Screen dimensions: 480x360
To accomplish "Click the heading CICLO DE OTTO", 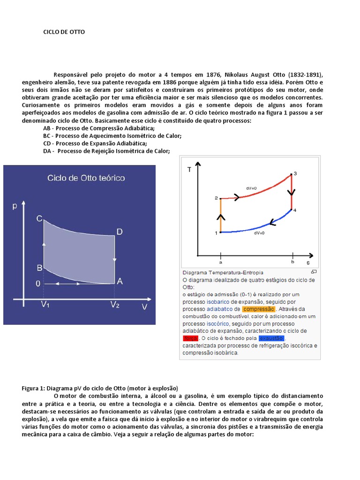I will [x=64, y=32].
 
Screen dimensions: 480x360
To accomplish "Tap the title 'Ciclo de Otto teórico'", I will [x=85, y=178].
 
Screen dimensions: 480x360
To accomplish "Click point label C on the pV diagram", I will [x=40, y=218].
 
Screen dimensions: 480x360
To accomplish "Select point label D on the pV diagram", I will [x=120, y=232].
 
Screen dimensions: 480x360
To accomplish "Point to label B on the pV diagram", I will [x=40, y=268].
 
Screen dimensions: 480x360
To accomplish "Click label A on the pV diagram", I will [x=120, y=281].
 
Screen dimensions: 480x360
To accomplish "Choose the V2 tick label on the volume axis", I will [x=115, y=305].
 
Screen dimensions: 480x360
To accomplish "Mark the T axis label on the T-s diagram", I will [x=189, y=170].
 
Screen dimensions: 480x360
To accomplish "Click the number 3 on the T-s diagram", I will [x=294, y=173].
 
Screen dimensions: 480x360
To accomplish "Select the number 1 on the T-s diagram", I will [x=217, y=233].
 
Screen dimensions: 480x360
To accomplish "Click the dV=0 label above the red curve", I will [x=251, y=188].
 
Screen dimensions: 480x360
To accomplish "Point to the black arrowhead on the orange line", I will [x=221, y=217].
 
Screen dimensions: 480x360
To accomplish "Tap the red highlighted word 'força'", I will [x=191, y=338].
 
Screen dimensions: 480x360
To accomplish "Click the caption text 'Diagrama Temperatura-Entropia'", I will [x=223, y=272].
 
